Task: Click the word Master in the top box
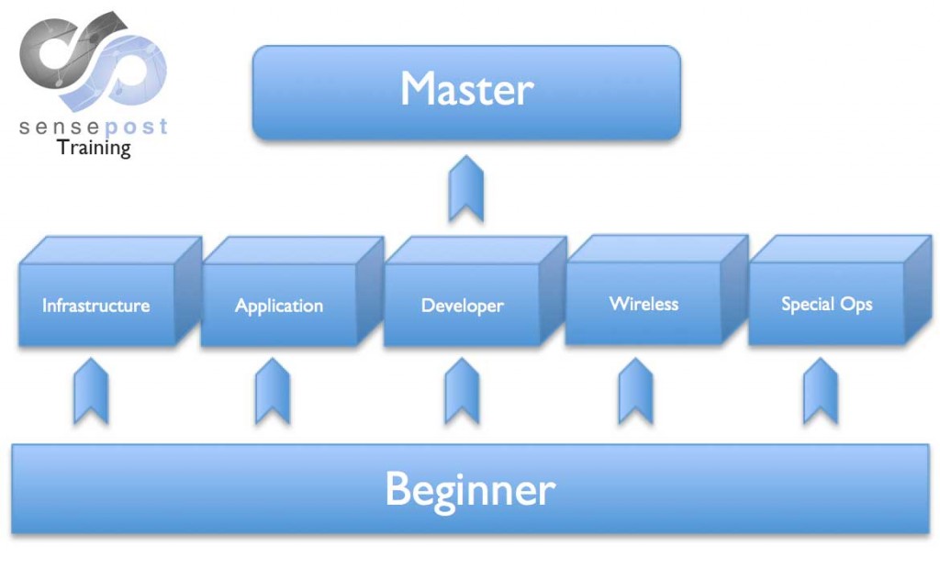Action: coord(466,90)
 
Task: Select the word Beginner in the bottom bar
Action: coord(469,488)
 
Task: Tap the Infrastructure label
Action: coord(95,306)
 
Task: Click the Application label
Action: coord(279,306)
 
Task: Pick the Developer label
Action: coord(462,306)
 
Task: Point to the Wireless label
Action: coord(643,303)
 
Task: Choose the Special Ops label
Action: coord(826,303)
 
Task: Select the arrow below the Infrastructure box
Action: coord(91,391)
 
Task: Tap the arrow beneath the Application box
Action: coord(273,391)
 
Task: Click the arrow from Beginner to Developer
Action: coord(462,391)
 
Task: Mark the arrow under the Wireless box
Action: coord(635,391)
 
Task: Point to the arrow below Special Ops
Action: coord(820,391)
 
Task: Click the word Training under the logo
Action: coord(94,147)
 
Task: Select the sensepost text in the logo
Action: coord(94,126)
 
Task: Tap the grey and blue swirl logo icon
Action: coord(92,60)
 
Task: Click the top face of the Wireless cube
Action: coord(655,248)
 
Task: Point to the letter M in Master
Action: coord(418,90)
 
